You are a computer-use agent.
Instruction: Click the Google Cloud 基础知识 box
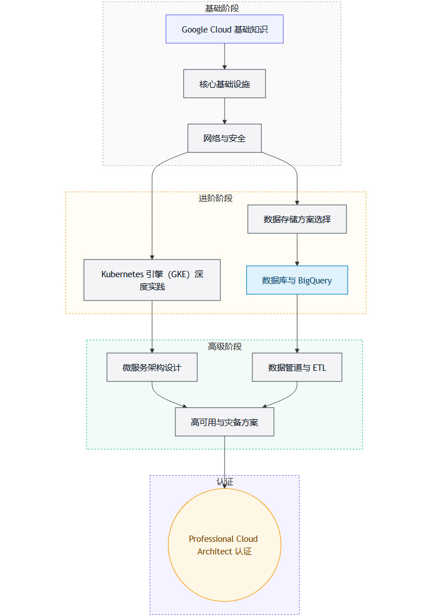(224, 29)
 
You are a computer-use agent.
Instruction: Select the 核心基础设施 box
(224, 84)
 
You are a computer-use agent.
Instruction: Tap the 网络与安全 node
(224, 138)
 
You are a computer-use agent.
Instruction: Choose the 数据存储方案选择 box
(297, 219)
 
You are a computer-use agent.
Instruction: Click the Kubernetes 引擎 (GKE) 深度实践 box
(152, 280)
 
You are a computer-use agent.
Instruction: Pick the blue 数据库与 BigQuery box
(297, 280)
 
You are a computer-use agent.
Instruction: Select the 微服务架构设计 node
(152, 367)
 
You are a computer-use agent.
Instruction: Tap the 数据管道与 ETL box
(297, 367)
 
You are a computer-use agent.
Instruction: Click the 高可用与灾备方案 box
(224, 422)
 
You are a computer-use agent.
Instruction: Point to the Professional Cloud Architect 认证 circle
(224, 545)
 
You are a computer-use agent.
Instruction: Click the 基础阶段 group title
(222, 9)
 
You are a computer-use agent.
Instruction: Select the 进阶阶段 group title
(215, 198)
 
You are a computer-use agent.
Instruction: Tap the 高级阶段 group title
(224, 347)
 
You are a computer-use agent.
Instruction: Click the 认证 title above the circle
(224, 482)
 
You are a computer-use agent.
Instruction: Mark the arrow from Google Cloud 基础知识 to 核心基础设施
(224, 56)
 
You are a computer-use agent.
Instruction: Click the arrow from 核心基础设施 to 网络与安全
(224, 111)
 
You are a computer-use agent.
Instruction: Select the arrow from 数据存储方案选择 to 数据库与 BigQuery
(297, 250)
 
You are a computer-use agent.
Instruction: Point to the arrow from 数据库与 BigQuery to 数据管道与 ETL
(297, 324)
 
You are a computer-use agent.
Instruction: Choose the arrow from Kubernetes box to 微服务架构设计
(152, 327)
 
